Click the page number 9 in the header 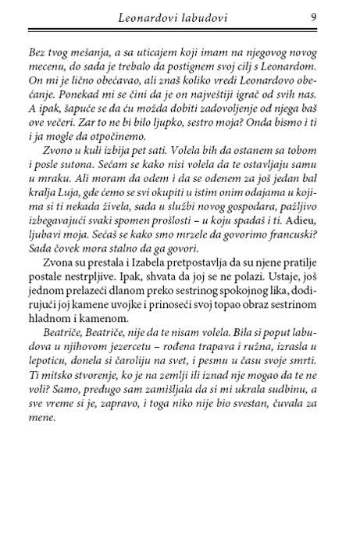(x=312, y=15)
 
